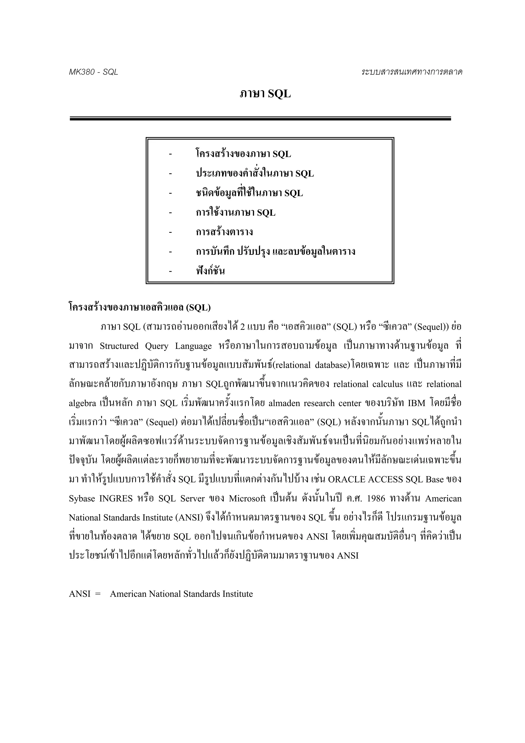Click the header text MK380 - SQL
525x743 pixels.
pos(94,72)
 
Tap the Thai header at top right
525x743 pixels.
pos(412,72)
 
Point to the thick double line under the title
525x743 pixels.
pos(260,119)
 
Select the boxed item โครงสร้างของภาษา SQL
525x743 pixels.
pos(243,154)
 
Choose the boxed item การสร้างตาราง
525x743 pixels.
pos(224,232)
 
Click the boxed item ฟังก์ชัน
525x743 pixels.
pos(210,271)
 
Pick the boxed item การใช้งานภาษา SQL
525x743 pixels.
pos(236,213)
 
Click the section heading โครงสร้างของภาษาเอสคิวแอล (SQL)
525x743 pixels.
pos(140,307)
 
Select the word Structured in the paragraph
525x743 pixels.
pos(119,346)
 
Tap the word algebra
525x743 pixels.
pos(83,403)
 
